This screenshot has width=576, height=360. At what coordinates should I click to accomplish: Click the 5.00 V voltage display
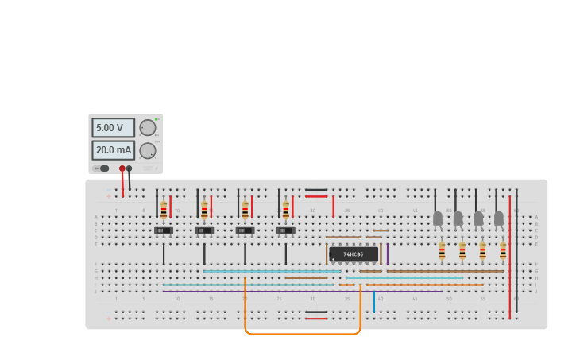click(x=112, y=128)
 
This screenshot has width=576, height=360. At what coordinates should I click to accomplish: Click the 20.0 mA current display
click(x=112, y=150)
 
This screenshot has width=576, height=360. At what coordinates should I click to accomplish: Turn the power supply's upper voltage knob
click(x=148, y=128)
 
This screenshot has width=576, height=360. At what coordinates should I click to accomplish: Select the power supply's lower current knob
click(x=148, y=151)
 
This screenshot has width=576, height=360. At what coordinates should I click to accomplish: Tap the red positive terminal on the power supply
click(x=122, y=168)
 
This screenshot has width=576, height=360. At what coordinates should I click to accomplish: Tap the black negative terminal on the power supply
click(x=130, y=168)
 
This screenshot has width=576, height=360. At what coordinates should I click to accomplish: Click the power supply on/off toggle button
click(x=103, y=168)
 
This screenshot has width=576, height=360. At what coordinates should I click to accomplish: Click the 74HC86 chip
click(x=354, y=254)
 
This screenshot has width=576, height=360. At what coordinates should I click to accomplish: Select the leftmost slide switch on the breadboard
click(x=164, y=230)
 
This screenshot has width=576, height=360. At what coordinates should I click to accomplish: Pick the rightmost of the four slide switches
click(x=286, y=230)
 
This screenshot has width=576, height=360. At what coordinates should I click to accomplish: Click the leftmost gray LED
click(x=437, y=218)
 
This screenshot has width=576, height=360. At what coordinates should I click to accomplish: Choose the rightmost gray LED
click(x=499, y=218)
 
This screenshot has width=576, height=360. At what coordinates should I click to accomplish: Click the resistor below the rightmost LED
click(x=503, y=251)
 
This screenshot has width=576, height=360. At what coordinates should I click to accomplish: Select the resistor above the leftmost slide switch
click(x=164, y=211)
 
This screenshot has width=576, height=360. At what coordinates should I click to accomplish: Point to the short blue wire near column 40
click(x=374, y=302)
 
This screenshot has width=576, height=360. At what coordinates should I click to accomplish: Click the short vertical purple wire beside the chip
click(x=387, y=254)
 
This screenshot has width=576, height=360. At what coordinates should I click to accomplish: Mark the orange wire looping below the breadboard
click(x=302, y=334)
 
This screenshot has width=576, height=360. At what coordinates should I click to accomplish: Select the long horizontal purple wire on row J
click(x=302, y=292)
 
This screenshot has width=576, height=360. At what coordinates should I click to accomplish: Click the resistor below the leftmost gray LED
click(x=442, y=251)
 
